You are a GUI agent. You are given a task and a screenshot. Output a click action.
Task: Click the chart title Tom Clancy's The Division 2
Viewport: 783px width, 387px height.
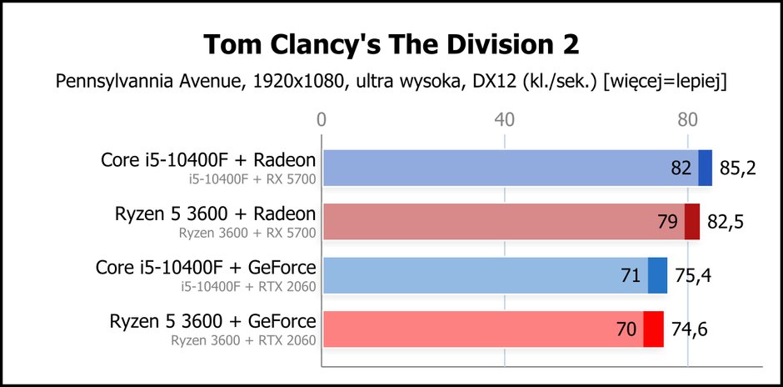391,45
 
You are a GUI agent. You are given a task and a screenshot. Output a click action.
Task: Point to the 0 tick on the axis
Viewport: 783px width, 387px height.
322,120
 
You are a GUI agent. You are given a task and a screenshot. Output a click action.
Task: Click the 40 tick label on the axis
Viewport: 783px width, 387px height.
504,120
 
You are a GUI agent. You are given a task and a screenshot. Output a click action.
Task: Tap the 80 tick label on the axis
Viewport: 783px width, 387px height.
687,120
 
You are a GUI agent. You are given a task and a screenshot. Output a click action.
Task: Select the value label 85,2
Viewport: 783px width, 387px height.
738,168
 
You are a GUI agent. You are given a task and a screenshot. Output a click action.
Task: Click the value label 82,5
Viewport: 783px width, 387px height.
726,222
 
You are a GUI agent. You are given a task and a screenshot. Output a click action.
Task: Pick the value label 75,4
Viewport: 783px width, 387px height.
693,275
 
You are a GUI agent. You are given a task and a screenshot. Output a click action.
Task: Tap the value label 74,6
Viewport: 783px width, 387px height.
689,329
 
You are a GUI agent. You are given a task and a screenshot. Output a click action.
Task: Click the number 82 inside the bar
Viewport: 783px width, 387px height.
681,168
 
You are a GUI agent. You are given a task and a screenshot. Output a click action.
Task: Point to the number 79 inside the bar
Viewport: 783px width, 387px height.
667,222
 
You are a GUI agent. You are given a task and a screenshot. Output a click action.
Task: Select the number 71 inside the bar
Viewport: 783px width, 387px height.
631,275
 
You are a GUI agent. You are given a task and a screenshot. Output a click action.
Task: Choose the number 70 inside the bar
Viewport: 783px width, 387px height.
626,329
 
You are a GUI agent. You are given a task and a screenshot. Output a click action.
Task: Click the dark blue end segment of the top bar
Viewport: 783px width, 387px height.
705,168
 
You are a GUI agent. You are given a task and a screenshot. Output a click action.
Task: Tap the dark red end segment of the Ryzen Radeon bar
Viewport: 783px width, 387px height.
692,222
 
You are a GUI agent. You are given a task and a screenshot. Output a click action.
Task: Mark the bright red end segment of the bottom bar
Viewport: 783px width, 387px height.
653,329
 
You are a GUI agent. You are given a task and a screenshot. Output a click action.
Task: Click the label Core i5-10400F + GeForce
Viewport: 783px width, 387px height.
206,268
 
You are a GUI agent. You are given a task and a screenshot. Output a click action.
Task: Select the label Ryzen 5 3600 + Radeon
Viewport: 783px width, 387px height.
215,214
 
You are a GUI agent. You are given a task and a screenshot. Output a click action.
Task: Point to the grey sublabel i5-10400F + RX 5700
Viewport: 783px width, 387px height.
252,178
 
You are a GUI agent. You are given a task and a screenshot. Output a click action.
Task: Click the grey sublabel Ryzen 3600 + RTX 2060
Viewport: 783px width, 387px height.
244,340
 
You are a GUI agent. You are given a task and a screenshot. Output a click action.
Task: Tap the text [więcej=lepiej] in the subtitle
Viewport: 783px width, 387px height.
666,82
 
